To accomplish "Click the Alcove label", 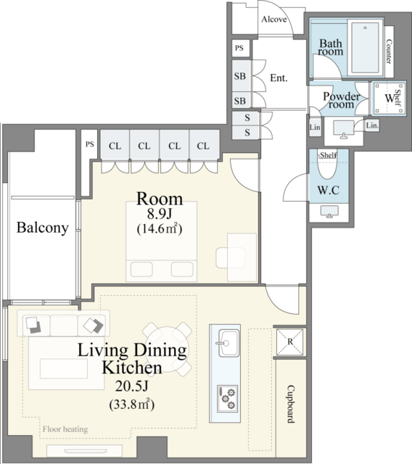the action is [274, 20].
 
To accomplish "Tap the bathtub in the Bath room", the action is [366, 47].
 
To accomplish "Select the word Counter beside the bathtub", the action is [390, 51].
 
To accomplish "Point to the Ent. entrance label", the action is [279, 78].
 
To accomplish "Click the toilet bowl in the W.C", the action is [328, 165].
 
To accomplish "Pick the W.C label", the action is [329, 190].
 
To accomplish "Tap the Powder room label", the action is [341, 100].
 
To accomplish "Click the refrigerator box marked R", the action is [289, 341].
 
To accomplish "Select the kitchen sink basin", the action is [228, 343].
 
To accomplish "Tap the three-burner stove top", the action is [227, 399].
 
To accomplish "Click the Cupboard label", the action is [291, 404].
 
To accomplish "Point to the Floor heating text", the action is [65, 429].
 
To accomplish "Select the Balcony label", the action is [42, 228].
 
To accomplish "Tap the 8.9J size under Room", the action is [160, 215].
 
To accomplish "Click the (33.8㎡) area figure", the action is [132, 404].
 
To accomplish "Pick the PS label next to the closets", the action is [90, 144].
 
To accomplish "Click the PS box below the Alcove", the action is [240, 48].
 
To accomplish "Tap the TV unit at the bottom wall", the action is [84, 451].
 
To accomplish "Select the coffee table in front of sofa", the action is [64, 368].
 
